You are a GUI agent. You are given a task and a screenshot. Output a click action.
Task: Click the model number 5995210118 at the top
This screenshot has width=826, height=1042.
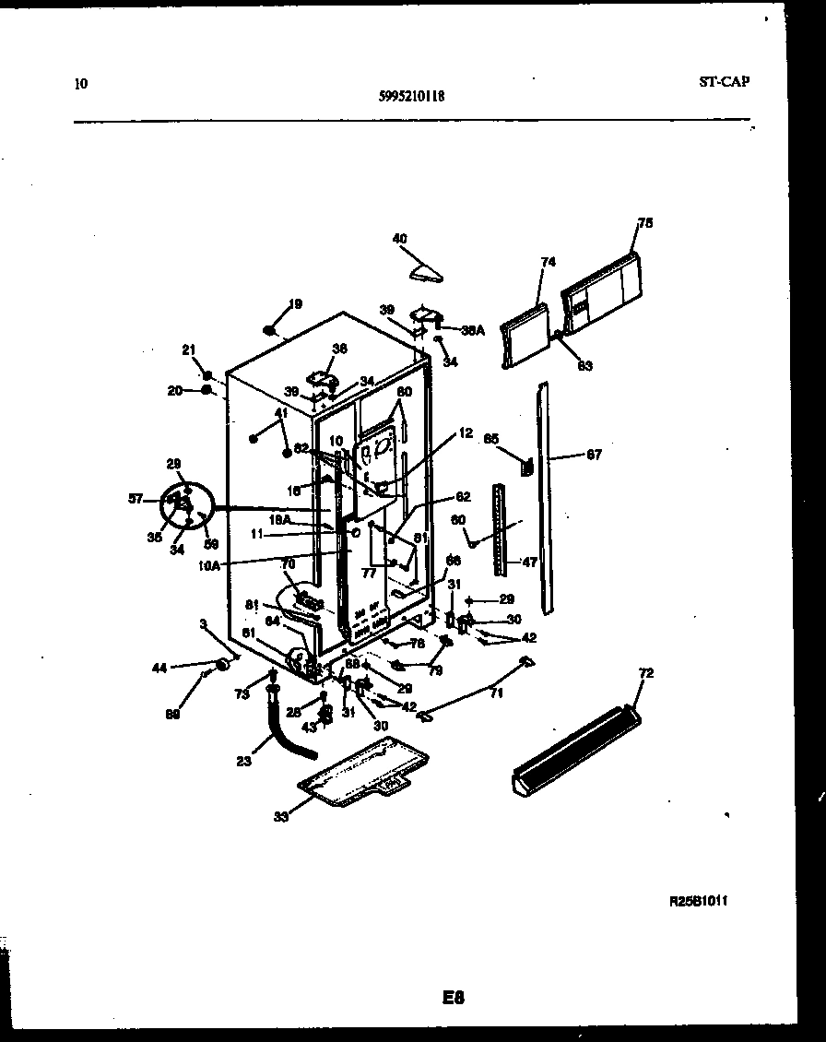[x=412, y=93]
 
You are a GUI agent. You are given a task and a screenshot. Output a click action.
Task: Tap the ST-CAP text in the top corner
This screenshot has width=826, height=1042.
[x=724, y=81]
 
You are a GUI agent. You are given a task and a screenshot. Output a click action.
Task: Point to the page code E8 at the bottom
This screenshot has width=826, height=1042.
[x=453, y=997]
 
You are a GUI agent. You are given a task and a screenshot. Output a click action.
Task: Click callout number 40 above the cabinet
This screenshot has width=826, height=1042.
[x=399, y=238]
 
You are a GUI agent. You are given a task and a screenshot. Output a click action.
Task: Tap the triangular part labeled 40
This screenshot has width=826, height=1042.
[x=426, y=271]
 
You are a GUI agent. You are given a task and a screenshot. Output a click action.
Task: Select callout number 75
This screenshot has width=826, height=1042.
[x=645, y=222]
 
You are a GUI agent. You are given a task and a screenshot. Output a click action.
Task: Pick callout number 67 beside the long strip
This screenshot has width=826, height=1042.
[x=594, y=455]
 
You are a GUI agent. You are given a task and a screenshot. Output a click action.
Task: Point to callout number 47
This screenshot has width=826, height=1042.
[x=528, y=561]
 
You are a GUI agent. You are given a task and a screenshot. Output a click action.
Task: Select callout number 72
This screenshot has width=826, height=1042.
[x=645, y=674]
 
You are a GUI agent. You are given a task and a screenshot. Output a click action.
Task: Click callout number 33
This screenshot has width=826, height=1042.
[x=281, y=816]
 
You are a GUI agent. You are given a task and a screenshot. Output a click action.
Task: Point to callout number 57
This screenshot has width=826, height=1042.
[x=136, y=499]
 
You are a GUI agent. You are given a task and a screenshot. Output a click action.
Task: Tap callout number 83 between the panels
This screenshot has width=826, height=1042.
[x=584, y=366]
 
